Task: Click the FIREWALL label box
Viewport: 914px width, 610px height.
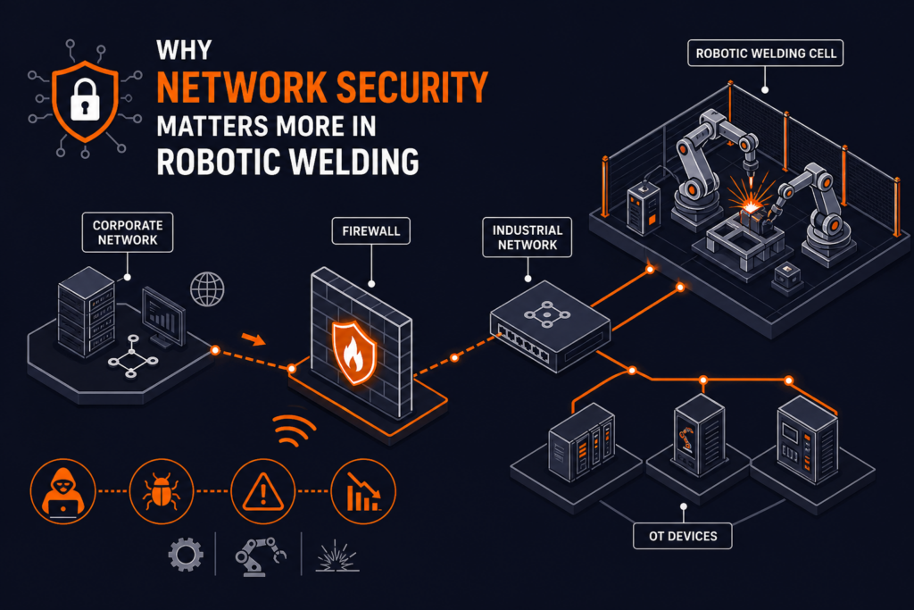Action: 370,231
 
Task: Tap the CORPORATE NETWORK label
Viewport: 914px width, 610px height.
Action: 128,232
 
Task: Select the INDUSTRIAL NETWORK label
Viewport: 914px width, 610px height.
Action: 527,238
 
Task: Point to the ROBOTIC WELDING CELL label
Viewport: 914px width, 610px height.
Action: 765,53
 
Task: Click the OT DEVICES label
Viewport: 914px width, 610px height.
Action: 683,536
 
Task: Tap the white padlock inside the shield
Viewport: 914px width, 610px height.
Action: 85,99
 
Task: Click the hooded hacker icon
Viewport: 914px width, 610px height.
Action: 63,491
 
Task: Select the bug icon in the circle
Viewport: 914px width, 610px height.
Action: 162,491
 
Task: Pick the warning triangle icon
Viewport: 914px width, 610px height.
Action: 263,491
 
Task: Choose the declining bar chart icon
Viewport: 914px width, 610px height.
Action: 363,491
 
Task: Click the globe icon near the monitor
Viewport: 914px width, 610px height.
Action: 207,289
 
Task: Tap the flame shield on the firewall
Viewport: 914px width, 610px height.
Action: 354,353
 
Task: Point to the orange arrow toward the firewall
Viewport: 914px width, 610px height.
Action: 253,338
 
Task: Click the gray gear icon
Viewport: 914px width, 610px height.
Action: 186,554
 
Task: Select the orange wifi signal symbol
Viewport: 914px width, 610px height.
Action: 295,430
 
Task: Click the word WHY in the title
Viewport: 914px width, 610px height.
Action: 184,50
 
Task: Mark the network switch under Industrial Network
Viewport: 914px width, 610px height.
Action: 550,326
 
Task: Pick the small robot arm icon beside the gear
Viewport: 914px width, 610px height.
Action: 261,556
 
